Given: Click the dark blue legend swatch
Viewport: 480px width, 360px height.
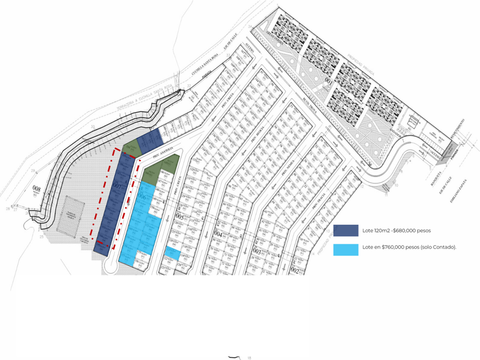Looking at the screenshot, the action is click(x=346, y=231).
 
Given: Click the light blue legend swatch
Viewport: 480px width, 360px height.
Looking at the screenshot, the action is click(x=346, y=249).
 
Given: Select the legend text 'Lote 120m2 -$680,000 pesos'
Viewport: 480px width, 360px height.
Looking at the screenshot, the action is click(x=397, y=231).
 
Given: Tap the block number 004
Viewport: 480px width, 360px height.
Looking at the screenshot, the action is click(x=218, y=234).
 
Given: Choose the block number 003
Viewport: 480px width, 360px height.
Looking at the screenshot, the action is click(x=257, y=251).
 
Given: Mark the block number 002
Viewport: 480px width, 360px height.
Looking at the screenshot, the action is click(x=295, y=269).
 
